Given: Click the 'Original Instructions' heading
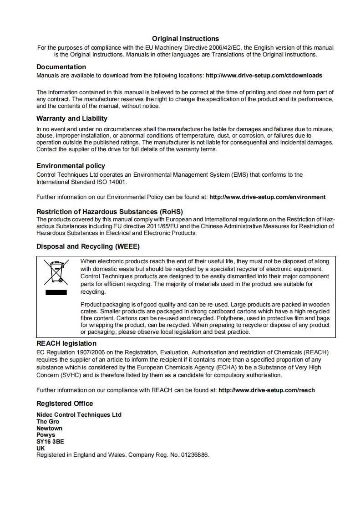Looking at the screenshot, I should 185,39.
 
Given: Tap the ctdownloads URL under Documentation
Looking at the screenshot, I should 264,75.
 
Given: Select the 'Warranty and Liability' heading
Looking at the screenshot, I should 72,118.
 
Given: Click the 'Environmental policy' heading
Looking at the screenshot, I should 71,166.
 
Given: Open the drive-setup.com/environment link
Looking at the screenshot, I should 267,197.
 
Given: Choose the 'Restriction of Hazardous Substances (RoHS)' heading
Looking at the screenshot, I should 109,212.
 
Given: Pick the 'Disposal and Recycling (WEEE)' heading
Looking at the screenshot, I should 88,246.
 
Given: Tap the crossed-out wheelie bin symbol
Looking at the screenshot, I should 56,272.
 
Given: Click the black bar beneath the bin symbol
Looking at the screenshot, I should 56,292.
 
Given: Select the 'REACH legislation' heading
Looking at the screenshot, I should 66,343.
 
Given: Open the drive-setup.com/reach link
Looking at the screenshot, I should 267,390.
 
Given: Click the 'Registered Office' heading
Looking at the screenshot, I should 65,404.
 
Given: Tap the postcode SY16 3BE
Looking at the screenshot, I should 50,442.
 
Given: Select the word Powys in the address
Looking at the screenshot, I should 46,435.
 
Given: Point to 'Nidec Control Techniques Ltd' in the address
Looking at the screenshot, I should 79,414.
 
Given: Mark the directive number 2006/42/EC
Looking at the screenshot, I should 223,47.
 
